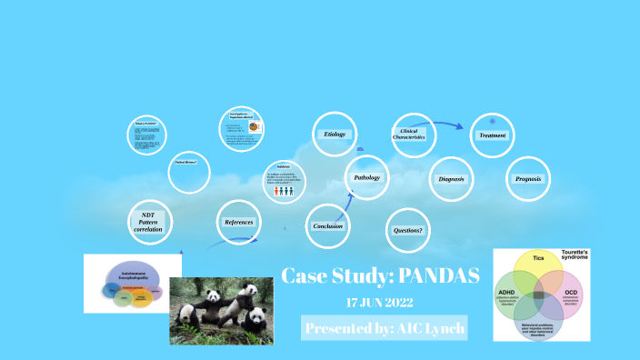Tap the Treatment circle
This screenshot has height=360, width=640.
[x=493, y=135]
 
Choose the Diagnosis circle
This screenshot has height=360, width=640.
[x=452, y=179]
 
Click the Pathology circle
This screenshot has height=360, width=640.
[x=366, y=177]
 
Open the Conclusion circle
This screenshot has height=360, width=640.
[x=327, y=225]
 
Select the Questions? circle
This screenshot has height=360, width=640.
[x=408, y=230]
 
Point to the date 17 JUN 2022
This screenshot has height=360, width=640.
[x=380, y=302]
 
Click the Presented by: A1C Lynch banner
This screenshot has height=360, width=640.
[x=384, y=328]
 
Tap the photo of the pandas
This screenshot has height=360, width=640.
[x=221, y=310]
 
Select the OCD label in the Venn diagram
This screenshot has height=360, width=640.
[x=570, y=295]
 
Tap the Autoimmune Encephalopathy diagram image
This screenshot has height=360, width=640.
[x=133, y=283]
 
